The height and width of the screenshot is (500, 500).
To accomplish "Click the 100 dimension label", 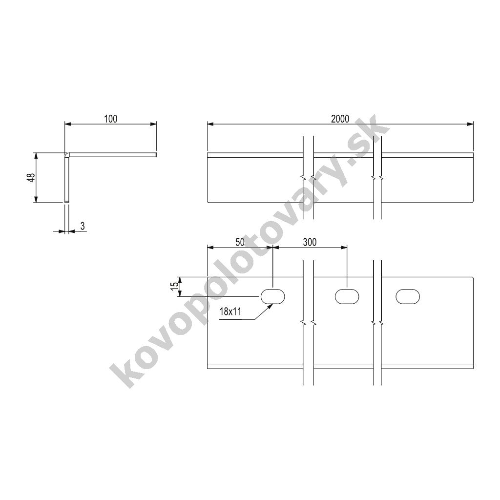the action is pyautogui.click(x=111, y=119).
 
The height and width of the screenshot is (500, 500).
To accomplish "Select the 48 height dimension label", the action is pyautogui.click(x=31, y=178).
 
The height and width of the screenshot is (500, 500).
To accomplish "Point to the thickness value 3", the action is pyautogui.click(x=83, y=226).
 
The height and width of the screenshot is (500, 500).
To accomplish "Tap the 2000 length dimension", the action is pyautogui.click(x=340, y=119).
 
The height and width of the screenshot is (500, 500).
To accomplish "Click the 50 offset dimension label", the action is pyautogui.click(x=240, y=242).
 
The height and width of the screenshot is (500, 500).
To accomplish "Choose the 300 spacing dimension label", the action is pyautogui.click(x=310, y=242).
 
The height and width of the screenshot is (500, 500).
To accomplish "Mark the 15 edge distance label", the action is pyautogui.click(x=174, y=286).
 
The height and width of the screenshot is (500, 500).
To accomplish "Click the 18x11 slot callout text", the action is pyautogui.click(x=230, y=311).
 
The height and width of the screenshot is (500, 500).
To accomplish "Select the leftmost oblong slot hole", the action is pyautogui.click(x=272, y=296).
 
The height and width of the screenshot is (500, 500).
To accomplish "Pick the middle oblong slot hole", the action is pyautogui.click(x=347, y=296).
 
